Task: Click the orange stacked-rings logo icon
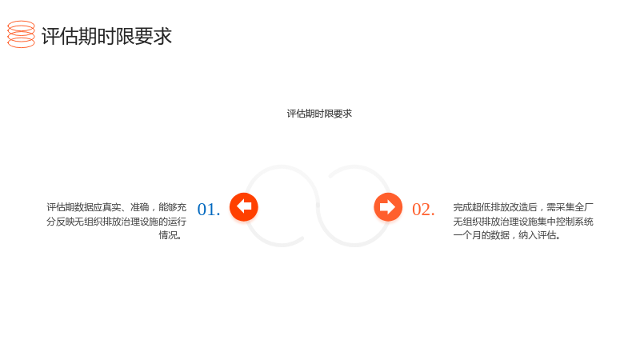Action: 22,34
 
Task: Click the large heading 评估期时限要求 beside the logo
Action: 106,36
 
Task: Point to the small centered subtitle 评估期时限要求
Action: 319,114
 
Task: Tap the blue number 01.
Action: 209,210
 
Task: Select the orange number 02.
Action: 423,210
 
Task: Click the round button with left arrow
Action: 244,207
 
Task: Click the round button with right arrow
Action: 388,207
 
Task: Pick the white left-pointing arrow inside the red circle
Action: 244,206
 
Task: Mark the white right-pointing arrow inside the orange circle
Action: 387,206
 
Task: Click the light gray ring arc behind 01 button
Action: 282,166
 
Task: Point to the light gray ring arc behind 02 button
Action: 354,246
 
